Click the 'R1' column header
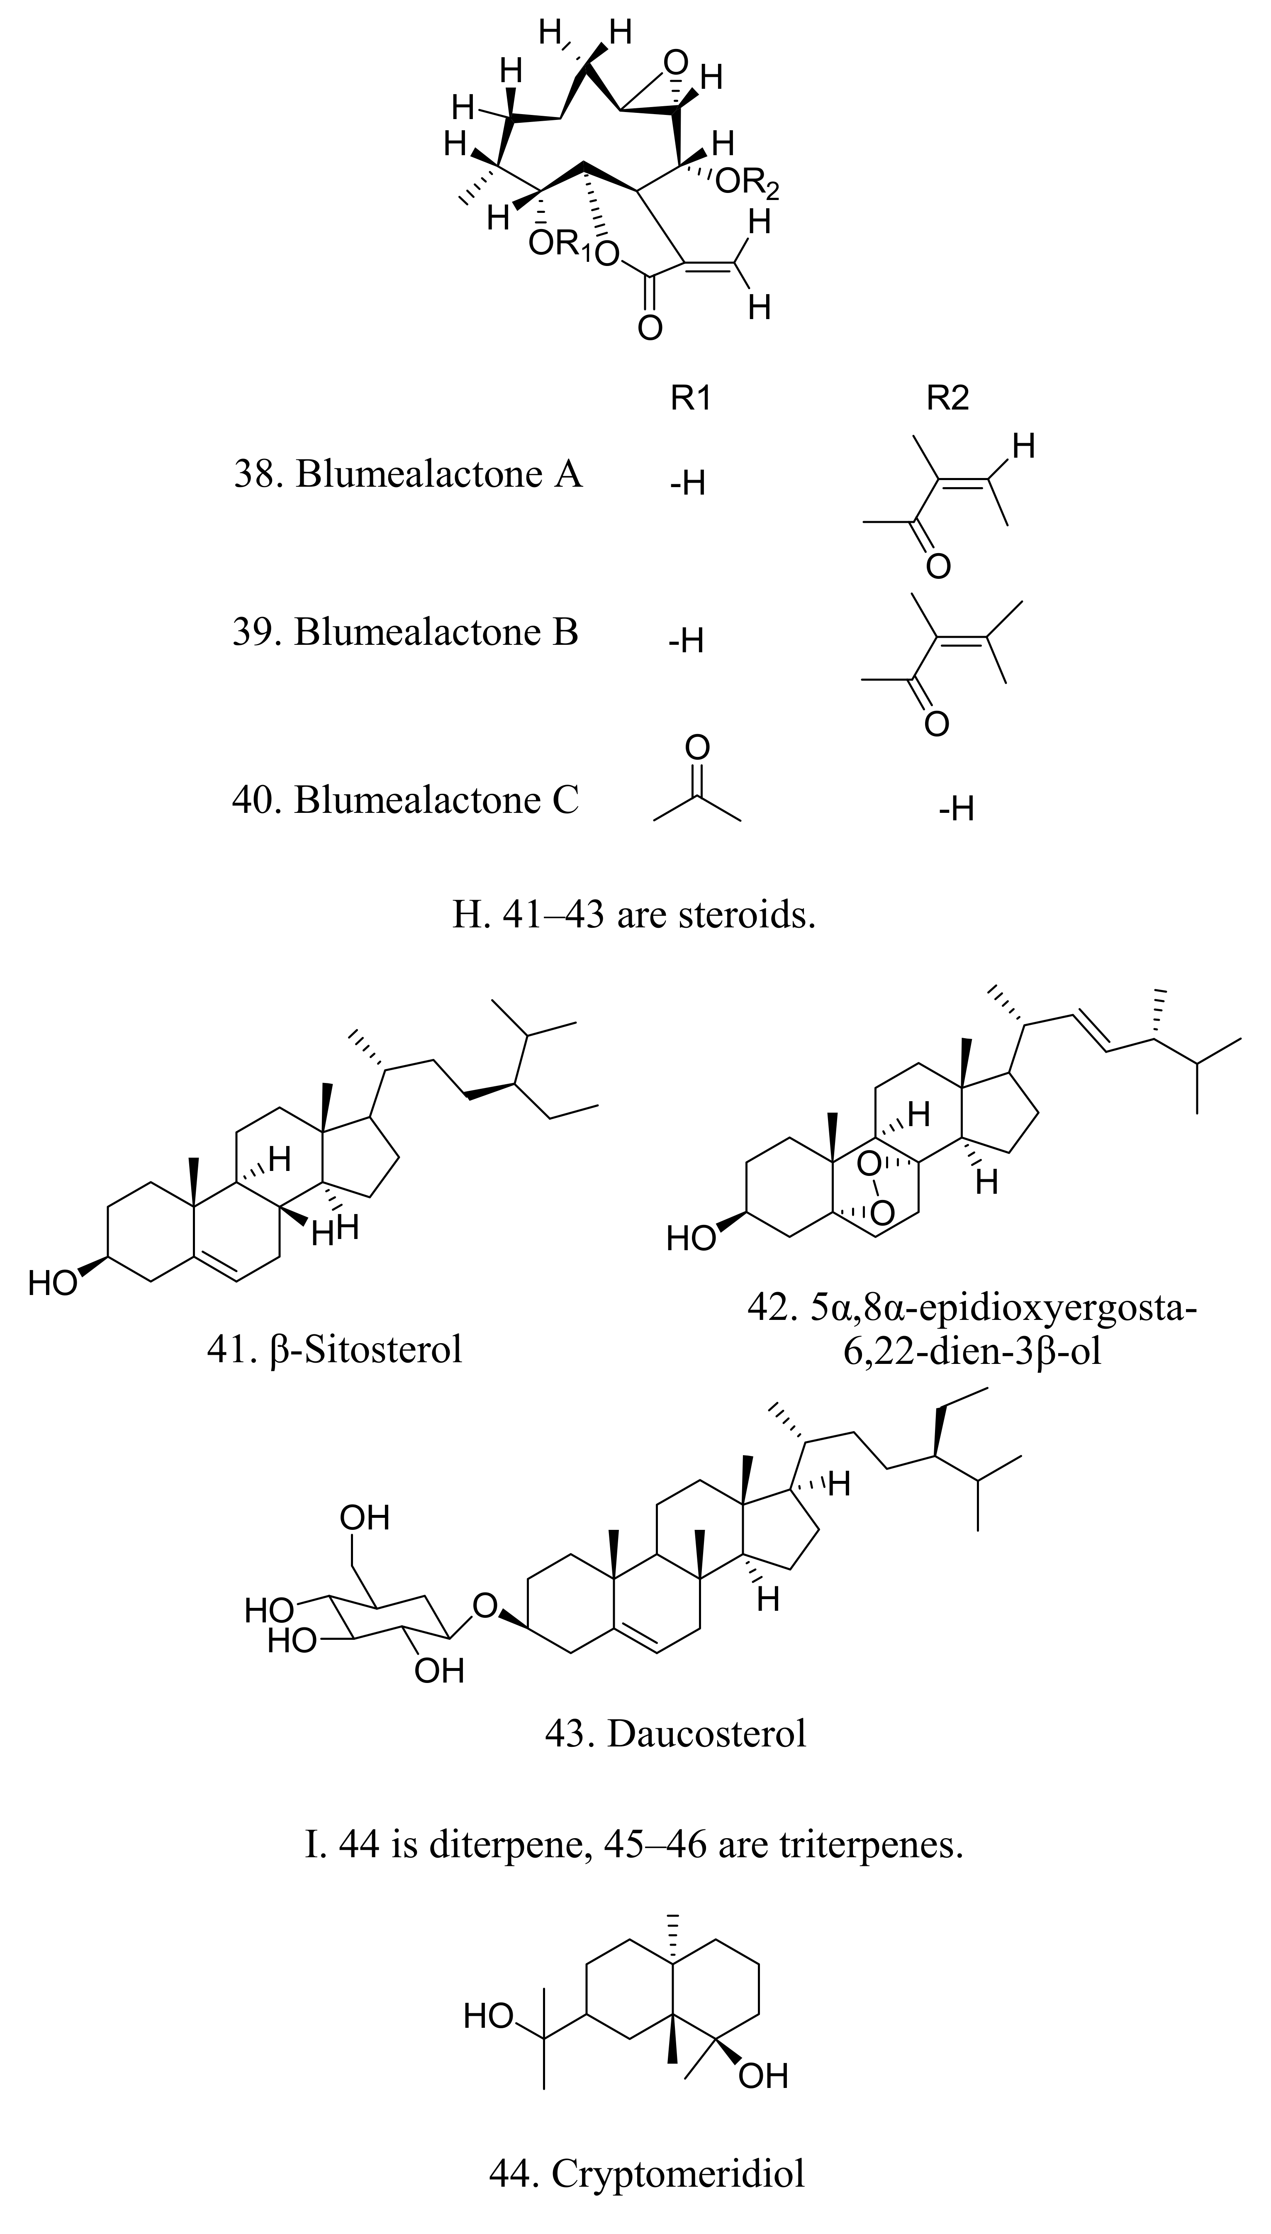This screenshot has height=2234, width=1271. [x=691, y=399]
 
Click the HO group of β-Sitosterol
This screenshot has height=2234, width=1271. [x=52, y=1283]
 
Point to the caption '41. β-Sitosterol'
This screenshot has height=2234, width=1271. [x=334, y=1350]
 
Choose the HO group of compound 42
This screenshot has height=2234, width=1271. [x=691, y=1238]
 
